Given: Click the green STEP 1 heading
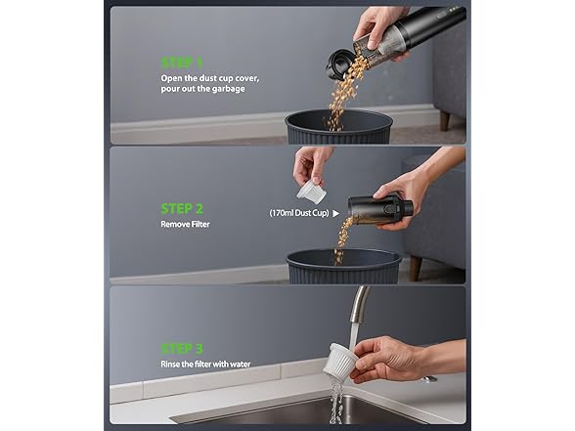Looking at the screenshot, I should click(x=183, y=61).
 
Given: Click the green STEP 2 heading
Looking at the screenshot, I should click(x=183, y=208).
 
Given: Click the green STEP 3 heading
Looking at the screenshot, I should click(x=183, y=349).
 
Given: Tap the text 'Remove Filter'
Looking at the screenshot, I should click(x=185, y=224).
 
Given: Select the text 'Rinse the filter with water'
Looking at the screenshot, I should click(x=206, y=365).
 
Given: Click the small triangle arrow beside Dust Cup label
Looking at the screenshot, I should click(x=336, y=211).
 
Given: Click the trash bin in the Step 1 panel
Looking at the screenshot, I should click(x=338, y=126).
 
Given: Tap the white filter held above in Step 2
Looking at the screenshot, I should click(x=310, y=190).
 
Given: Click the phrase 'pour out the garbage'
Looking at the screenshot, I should click(x=202, y=89).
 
